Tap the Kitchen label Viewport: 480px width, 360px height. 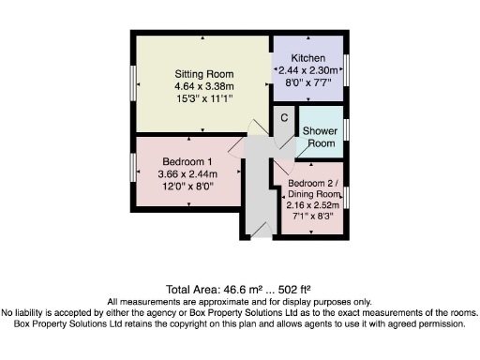coord(307,58)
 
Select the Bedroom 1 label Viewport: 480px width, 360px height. coord(187,161)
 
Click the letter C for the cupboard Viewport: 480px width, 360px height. coord(284,117)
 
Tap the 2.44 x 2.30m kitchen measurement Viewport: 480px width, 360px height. coord(307,70)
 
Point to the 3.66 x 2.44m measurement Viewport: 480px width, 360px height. coord(187,173)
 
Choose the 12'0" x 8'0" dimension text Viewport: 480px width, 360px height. coord(187,186)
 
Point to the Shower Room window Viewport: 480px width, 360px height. coord(346,128)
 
